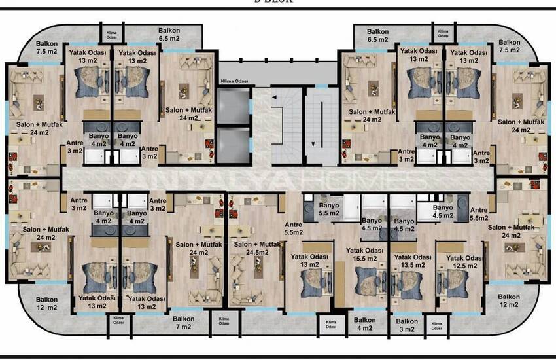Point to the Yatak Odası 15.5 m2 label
pyautogui.click(x=364, y=254)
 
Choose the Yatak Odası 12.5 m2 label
pyautogui.click(x=463, y=262)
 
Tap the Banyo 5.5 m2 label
pyautogui.click(x=328, y=209)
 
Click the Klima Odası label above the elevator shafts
pyautogui.click(x=234, y=82)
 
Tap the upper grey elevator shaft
pyautogui.click(x=234, y=104)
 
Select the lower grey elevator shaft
pyautogui.click(x=234, y=143)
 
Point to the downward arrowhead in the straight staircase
pyautogui.click(x=313, y=145)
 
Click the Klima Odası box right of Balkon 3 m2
pyautogui.click(x=434, y=325)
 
